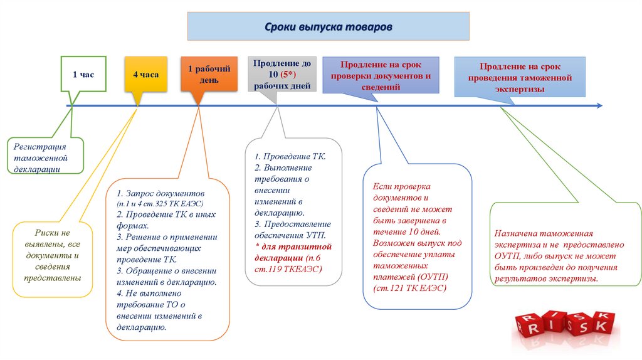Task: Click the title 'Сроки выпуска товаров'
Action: [328, 28]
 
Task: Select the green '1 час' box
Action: [83, 74]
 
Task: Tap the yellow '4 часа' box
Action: [145, 74]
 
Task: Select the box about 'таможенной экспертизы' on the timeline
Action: [519, 77]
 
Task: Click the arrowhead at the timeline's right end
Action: [599, 105]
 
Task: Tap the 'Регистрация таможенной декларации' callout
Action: [45, 157]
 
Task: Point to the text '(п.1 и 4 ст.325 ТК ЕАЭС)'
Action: [160, 204]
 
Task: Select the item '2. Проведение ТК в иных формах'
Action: [166, 219]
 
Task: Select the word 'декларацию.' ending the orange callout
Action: [141, 327]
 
